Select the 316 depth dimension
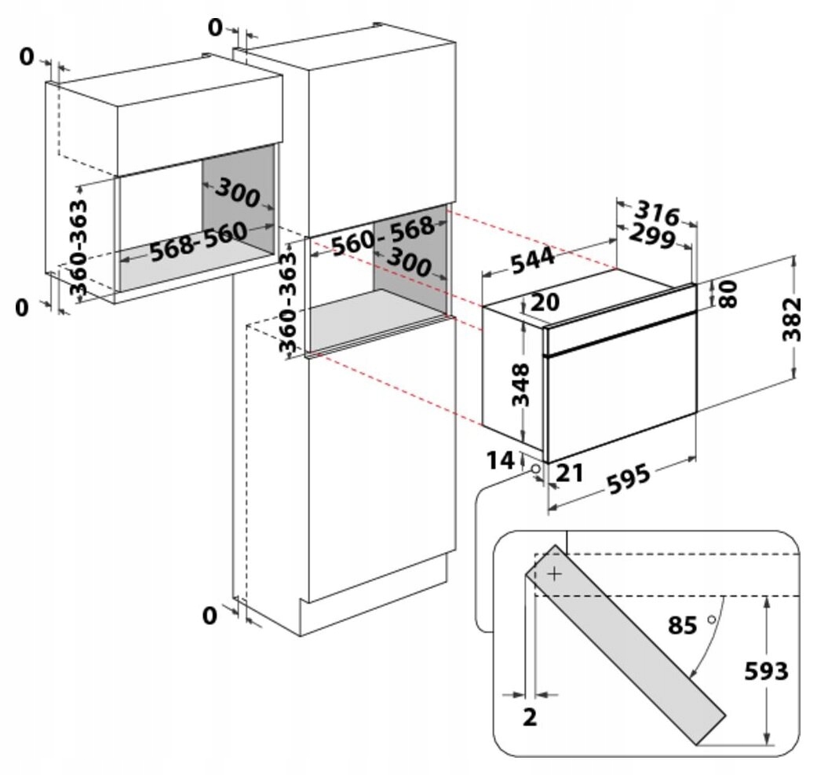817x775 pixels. pos(655,212)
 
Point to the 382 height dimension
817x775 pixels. pos(794,319)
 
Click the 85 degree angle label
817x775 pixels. pos(683,626)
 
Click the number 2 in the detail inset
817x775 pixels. pos(530,717)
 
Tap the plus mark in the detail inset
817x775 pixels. pos(555,574)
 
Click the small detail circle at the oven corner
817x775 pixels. pos(535,469)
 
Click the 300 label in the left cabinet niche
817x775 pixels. pos(237,192)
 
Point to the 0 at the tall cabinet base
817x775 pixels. pos(209,616)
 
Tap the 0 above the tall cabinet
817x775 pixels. pos(214,27)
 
